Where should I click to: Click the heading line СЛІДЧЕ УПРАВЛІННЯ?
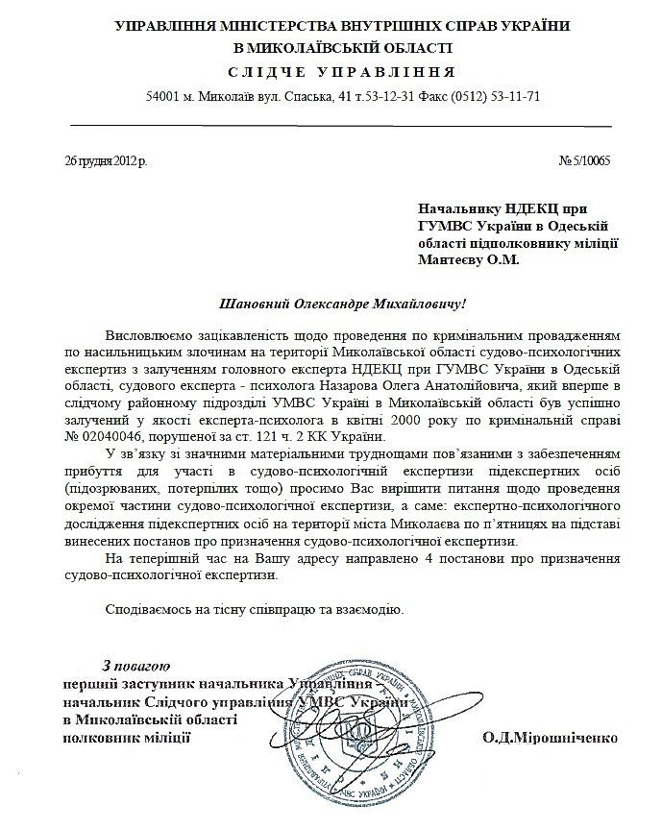click(x=331, y=73)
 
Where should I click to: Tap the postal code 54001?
click(x=164, y=98)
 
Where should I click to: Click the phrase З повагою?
click(x=135, y=665)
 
